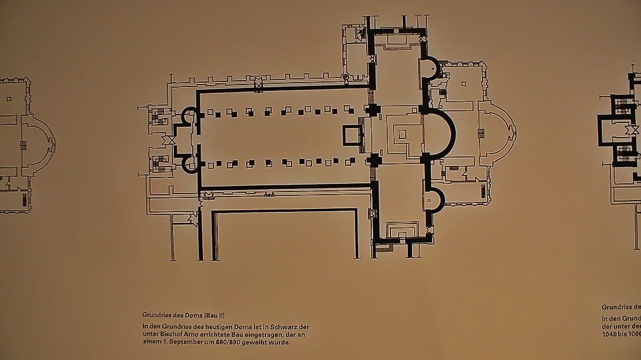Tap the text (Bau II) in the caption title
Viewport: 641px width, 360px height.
213,315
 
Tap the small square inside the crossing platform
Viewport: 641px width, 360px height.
402,135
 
